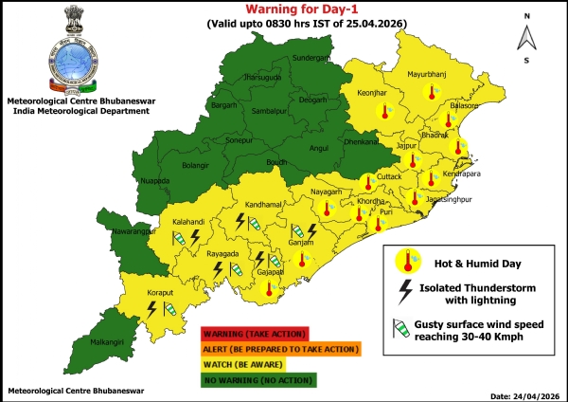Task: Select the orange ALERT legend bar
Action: [x=280, y=349]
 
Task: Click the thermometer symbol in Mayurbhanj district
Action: [x=432, y=92]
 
